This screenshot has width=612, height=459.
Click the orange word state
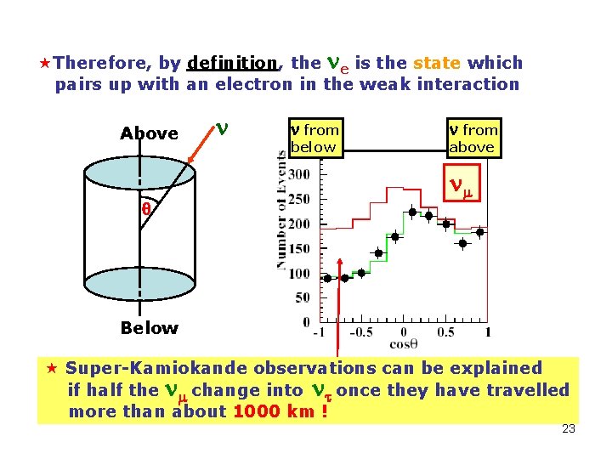[x=438, y=63]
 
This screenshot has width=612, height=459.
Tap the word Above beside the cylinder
[x=150, y=133]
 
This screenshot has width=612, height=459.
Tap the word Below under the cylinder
[x=150, y=328]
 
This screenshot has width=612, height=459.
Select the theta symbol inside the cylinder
[x=145, y=209]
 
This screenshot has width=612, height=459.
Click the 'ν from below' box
[x=314, y=138]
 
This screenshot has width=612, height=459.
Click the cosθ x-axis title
[x=402, y=344]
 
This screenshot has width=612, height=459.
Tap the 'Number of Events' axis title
[x=281, y=210]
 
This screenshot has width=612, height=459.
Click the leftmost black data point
[x=327, y=278]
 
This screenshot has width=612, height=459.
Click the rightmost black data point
[x=480, y=232]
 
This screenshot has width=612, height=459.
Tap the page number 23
[x=569, y=428]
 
